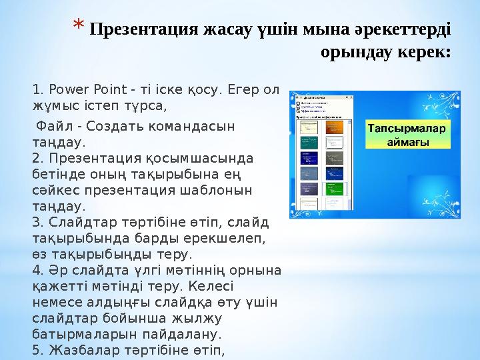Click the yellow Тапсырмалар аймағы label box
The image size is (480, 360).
(x=408, y=134)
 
